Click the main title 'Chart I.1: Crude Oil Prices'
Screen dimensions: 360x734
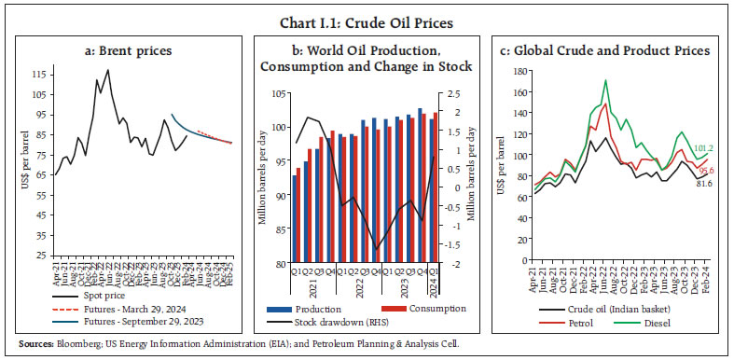coord(367,12)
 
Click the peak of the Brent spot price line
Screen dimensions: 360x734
coord(108,70)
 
